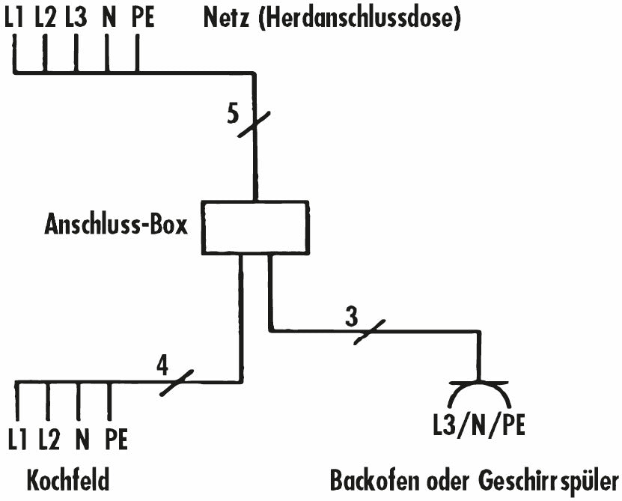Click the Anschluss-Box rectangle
(255, 228)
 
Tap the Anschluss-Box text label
(116, 225)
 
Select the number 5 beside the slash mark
(234, 113)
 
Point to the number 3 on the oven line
(352, 315)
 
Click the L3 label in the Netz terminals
(76, 16)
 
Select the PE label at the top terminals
(142, 16)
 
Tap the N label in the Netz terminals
(109, 16)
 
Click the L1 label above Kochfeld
(18, 440)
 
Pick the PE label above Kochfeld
(116, 440)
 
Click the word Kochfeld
(68, 480)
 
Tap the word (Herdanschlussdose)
(359, 18)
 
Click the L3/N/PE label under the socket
(478, 425)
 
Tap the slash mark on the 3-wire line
(369, 330)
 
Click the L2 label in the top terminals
(46, 16)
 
